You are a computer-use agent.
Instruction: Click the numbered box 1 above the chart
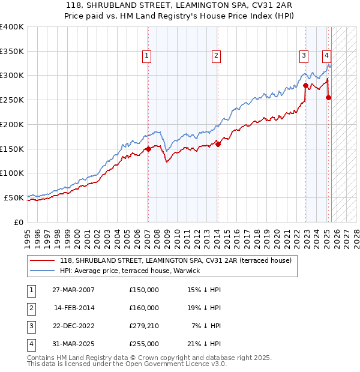click(x=147, y=56)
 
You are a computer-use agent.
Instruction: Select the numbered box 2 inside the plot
click(x=216, y=56)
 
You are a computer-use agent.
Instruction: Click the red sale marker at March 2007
click(x=148, y=149)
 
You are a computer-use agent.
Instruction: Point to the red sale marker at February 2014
click(x=218, y=144)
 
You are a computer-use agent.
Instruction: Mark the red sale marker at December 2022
click(x=306, y=85)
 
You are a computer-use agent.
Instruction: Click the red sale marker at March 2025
click(x=329, y=97)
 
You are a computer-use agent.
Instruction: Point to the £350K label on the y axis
click(x=11, y=52)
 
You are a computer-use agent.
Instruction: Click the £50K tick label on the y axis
click(x=14, y=197)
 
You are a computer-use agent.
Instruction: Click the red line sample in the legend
click(x=41, y=260)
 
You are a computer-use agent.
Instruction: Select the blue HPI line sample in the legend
click(x=41, y=271)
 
